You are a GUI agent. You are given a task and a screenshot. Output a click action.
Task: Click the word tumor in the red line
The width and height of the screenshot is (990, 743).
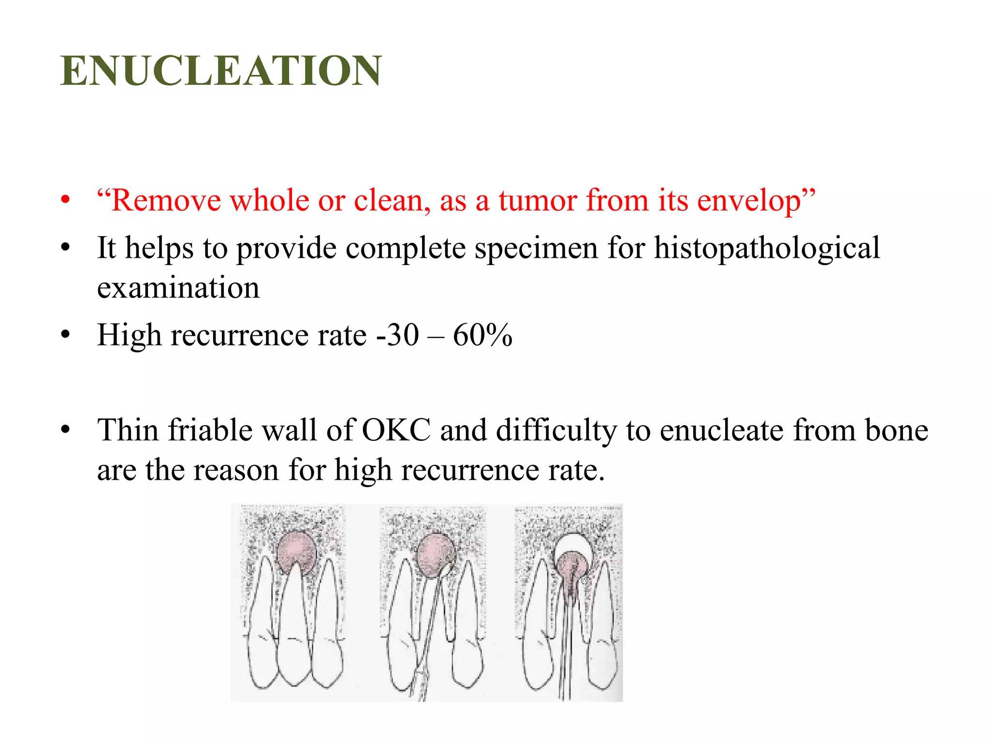point(537,200)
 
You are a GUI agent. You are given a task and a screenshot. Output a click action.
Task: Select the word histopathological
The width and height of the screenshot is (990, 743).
point(767,249)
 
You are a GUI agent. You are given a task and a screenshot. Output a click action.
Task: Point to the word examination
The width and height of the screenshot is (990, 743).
point(178,288)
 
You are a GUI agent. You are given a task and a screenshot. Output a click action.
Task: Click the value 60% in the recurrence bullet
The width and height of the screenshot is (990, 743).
point(482,335)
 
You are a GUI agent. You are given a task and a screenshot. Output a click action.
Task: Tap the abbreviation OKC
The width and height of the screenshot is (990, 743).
point(396,430)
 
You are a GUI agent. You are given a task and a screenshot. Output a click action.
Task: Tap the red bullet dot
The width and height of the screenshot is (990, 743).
point(66,200)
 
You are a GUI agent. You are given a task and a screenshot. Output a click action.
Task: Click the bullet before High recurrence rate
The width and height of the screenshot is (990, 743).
point(66,334)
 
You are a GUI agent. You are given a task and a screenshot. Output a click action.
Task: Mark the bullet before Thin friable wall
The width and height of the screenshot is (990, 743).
point(66,430)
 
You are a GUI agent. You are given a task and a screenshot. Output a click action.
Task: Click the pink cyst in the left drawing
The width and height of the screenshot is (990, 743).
point(296,551)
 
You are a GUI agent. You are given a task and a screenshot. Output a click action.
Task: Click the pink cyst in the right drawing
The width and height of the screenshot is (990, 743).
point(572,571)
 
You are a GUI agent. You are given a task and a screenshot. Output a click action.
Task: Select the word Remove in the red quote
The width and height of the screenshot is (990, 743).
point(165,200)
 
